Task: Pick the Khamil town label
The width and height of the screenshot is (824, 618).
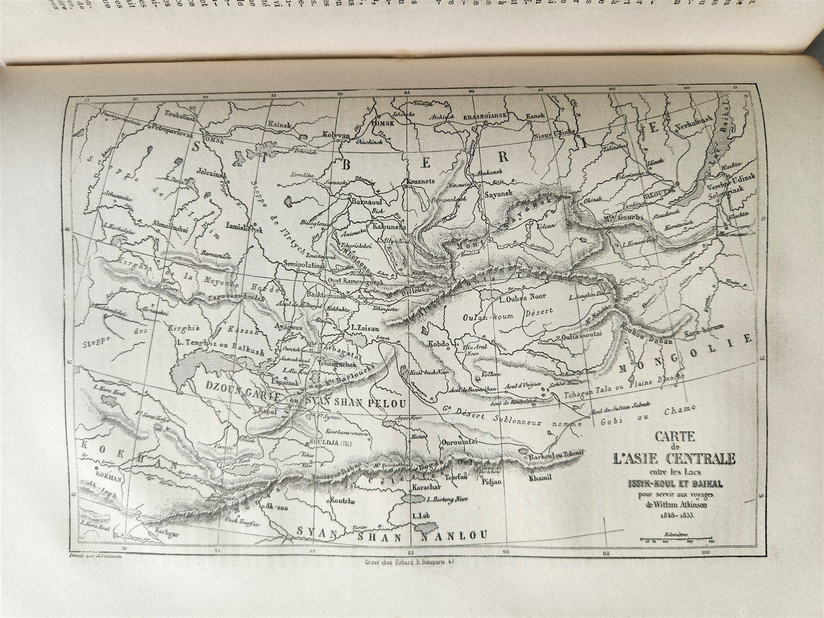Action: tap(542, 478)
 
